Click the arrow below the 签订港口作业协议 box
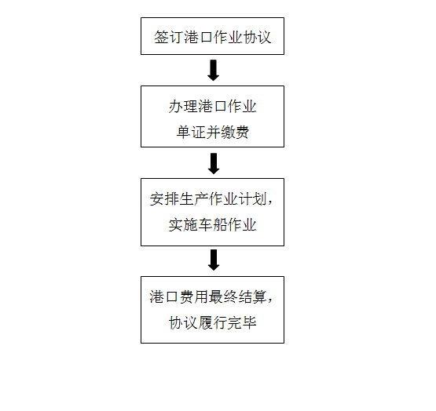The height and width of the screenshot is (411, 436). coord(213,71)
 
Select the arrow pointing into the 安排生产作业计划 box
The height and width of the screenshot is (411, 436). coord(214,164)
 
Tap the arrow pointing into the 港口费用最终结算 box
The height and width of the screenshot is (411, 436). coord(214,260)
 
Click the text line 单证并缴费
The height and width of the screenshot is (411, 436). coord(213,132)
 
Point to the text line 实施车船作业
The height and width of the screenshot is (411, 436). coord(212,224)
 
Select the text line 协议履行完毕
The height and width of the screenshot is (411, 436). coord(212,322)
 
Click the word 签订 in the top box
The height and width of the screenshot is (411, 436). coord(169,37)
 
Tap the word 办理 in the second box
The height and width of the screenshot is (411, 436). coord(183,107)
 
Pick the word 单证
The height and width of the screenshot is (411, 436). coord(191,132)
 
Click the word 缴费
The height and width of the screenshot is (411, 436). coord(235,132)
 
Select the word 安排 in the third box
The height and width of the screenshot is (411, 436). coord(164,199)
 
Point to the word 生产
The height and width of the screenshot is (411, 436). coord(194,199)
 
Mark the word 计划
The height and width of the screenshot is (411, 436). coord(252,199)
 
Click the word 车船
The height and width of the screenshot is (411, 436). coord(212,224)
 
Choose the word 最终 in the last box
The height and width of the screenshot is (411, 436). coord(223,296)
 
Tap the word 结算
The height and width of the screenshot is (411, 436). coord(252,296)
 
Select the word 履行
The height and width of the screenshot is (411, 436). coord(212,322)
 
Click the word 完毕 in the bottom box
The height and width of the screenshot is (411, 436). coord(242,322)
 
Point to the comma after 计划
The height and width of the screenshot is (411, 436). coord(269,202)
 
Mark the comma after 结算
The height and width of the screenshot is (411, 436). coord(269,300)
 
